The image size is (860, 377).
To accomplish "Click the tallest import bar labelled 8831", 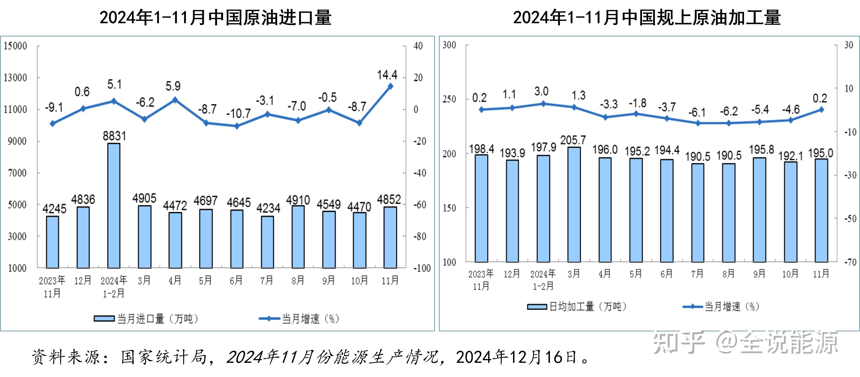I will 114,205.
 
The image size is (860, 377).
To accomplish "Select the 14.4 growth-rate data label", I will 387,75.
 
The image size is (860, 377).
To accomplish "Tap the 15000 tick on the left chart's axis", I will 15,46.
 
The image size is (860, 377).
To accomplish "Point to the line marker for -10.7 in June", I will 237,126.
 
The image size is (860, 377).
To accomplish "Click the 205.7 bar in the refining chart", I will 574,204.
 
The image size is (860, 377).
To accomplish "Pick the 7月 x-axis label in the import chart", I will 267,280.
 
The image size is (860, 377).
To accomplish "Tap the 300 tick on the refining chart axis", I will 449,45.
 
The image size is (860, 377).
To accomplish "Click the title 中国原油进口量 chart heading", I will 215,17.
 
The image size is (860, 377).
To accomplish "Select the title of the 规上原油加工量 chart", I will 647,17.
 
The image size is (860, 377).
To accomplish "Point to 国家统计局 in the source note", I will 164,357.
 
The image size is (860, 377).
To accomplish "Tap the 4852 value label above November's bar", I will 389,199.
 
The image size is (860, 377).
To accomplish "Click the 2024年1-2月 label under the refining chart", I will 543,280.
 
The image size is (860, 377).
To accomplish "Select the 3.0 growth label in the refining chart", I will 541,91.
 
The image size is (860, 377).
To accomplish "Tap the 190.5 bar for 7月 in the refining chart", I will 697,213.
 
